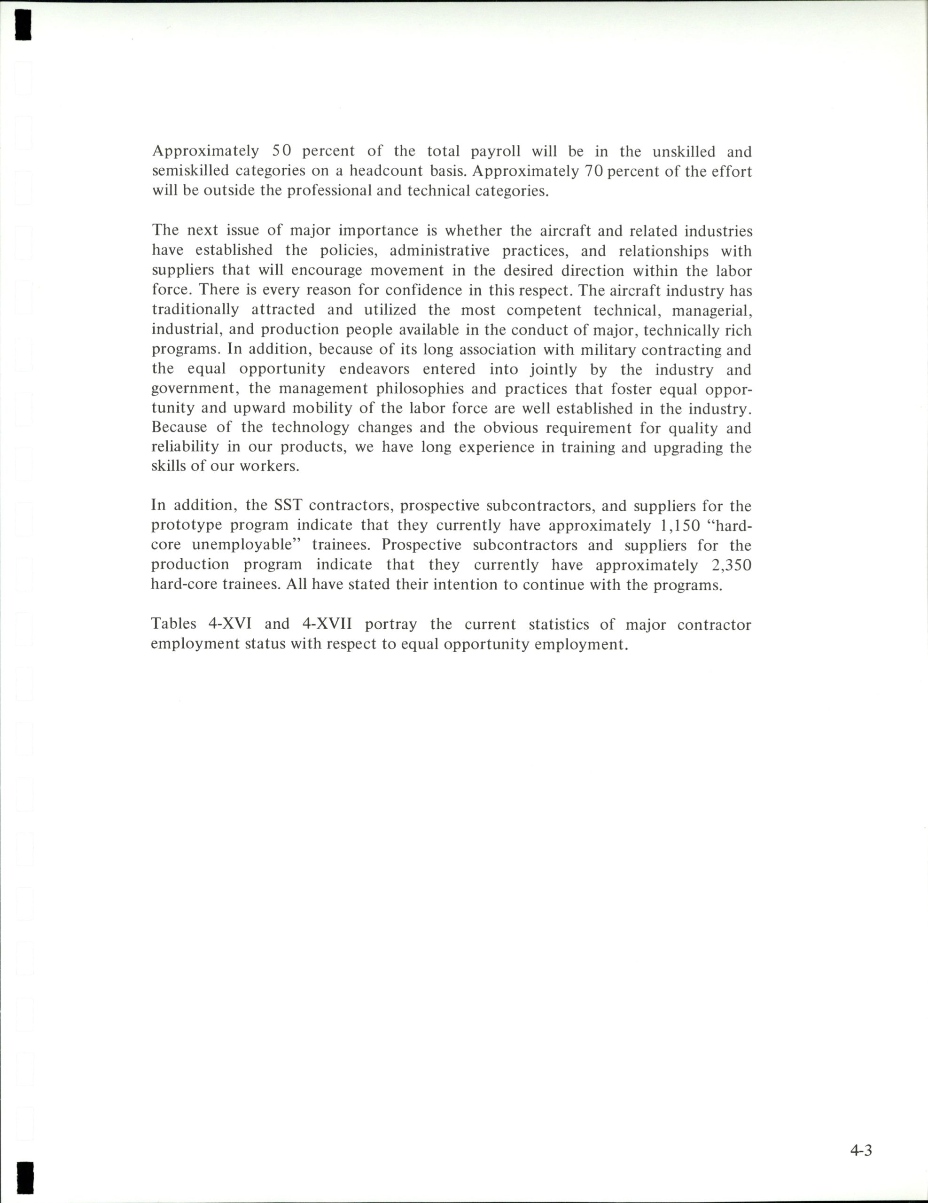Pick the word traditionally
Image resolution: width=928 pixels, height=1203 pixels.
[195, 310]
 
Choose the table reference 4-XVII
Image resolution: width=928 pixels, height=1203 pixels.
[327, 624]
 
